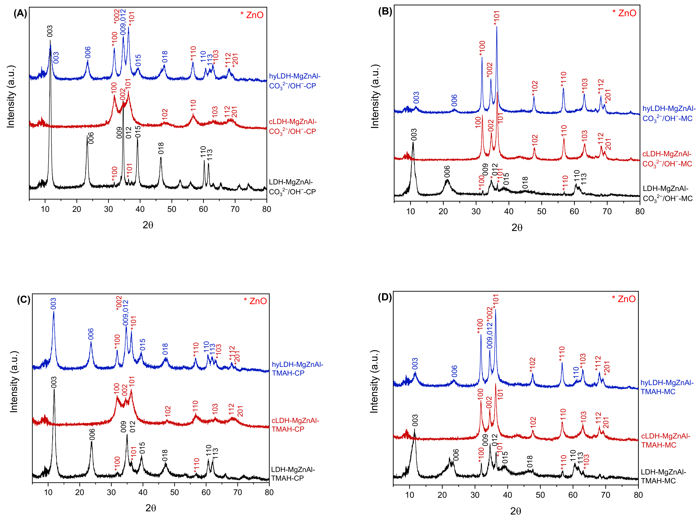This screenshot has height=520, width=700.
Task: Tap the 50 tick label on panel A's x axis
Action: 172,209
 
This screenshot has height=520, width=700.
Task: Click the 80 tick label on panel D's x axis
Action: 638,495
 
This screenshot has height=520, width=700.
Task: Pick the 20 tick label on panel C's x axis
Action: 80,493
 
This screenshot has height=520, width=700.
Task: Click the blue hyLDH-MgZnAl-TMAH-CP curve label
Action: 297,369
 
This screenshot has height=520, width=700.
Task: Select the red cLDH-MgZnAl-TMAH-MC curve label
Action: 665,440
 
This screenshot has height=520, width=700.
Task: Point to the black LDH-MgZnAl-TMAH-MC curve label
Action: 663,476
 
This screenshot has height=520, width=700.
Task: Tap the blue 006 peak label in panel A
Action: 88,52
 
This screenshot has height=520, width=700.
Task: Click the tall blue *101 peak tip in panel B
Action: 497,27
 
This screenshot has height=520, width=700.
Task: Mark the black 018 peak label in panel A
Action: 161,148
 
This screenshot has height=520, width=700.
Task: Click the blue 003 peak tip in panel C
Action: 54,312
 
